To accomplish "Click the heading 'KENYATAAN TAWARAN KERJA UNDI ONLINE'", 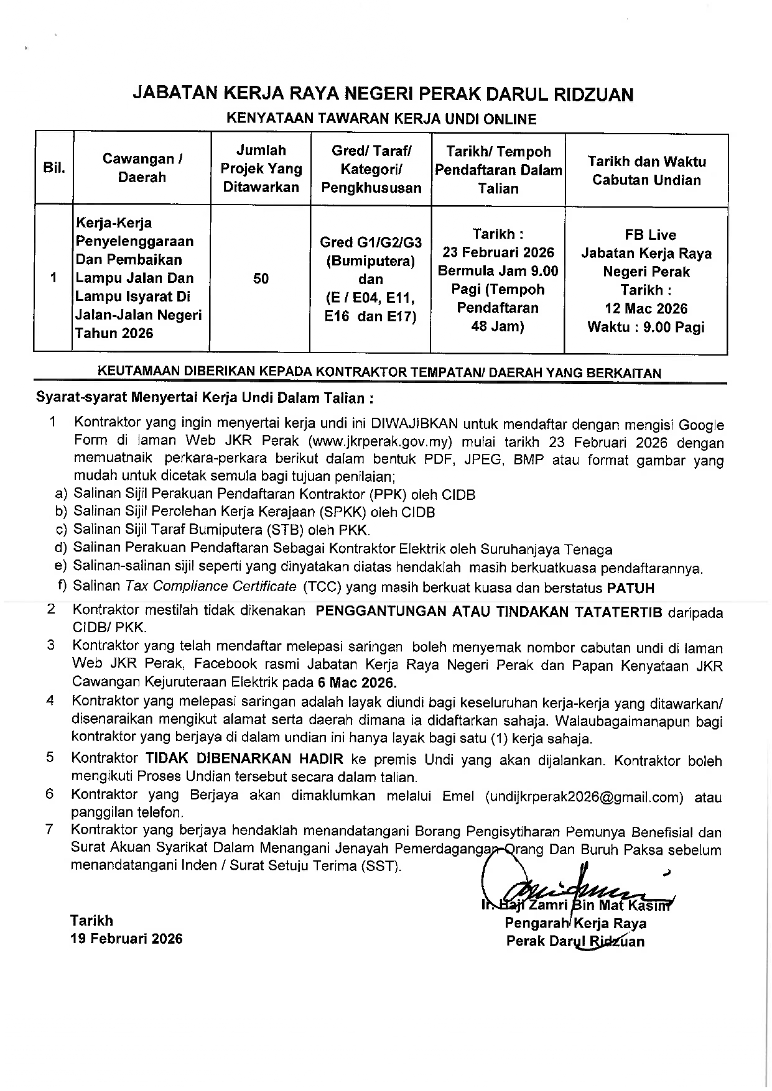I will point(381,118).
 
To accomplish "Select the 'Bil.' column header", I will point(54,168).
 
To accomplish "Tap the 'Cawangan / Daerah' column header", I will point(142,168).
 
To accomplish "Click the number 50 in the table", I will point(261,279).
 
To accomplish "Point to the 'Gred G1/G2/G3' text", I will point(370,242).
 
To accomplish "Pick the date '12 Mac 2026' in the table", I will point(646,308).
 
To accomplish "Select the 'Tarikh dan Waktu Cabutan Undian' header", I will point(646,171).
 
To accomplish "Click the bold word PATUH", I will point(630,587).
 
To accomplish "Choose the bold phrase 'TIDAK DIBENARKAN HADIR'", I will point(244,759).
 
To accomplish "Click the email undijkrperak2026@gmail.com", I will point(584,797).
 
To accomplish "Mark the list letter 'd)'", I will point(60,548).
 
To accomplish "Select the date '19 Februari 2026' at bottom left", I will point(126,939).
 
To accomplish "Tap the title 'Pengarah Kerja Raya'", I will point(575,923).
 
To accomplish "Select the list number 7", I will point(50,829).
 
